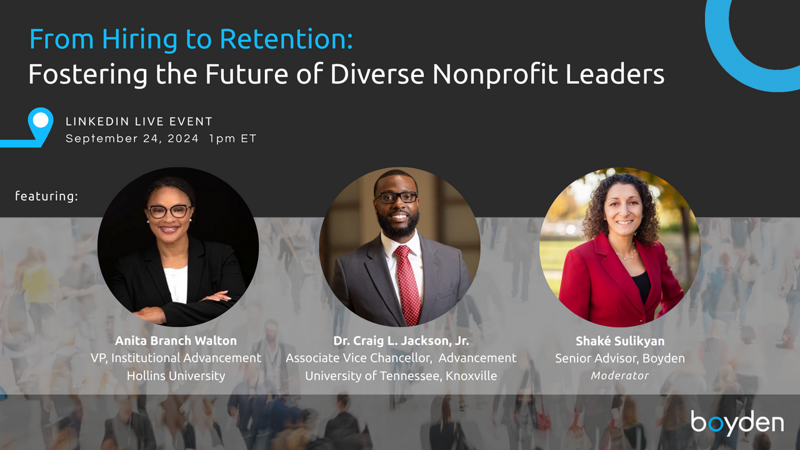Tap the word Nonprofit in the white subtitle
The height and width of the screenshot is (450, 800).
494,74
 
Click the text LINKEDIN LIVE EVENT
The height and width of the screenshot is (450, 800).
139,121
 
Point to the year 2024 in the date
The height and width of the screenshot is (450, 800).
183,139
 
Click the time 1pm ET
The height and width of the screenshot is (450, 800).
232,139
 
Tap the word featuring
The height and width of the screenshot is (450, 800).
46,196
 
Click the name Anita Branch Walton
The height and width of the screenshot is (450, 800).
176,341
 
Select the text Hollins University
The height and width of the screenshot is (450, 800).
176,376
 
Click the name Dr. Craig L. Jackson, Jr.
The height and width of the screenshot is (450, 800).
401,341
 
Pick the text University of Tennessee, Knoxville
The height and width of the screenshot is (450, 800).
401,376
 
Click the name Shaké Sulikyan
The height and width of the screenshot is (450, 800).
620,341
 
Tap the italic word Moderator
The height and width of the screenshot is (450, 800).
620,376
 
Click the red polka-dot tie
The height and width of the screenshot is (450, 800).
408,284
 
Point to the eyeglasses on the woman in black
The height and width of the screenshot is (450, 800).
169,211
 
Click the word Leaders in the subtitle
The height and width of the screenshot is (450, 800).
614,74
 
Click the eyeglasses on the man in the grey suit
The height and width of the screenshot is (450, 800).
396,197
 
